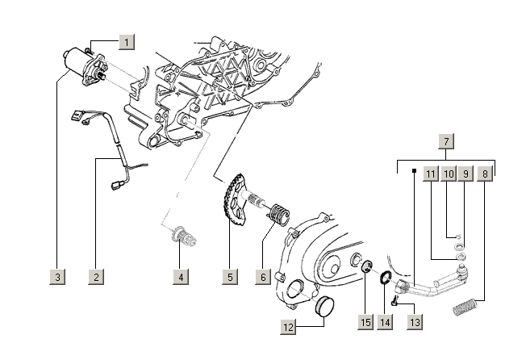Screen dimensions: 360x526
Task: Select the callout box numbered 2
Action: click(96, 277)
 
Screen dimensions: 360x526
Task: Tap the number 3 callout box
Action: click(56, 277)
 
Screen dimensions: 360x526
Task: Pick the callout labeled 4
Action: click(181, 277)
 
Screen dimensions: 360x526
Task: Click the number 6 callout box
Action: click(262, 277)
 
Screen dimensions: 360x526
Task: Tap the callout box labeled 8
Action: click(483, 174)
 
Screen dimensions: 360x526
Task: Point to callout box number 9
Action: click(465, 174)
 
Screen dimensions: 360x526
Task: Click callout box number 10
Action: click(449, 174)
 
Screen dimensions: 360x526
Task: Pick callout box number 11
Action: click(431, 174)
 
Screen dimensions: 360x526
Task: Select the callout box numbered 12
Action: click(287, 326)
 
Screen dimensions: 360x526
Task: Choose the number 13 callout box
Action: click(415, 322)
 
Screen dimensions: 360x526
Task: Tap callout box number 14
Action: click(384, 322)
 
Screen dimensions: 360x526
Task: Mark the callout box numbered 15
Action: click(365, 322)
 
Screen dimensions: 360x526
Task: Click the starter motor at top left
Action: click(81, 60)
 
